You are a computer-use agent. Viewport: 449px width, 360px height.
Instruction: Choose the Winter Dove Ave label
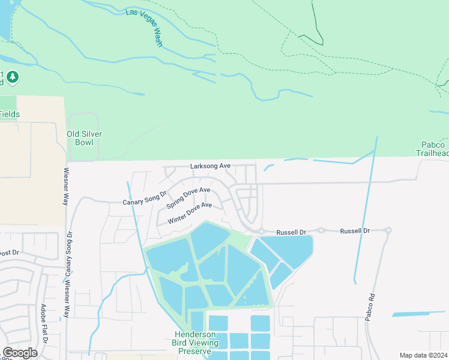pyautogui.click(x=190, y=213)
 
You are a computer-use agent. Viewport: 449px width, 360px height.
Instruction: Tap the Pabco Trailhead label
pyautogui.click(x=433, y=149)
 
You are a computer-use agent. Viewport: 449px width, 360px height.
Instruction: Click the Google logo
pyautogui.click(x=20, y=353)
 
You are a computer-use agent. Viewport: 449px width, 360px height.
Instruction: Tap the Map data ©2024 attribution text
pyautogui.click(x=423, y=355)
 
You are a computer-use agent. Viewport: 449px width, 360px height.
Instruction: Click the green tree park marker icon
pyautogui.click(x=13, y=77)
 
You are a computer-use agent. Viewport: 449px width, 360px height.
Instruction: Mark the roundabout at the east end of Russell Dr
pyautogui.click(x=388, y=230)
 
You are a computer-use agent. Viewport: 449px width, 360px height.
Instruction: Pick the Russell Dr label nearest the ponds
pyautogui.click(x=291, y=232)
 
